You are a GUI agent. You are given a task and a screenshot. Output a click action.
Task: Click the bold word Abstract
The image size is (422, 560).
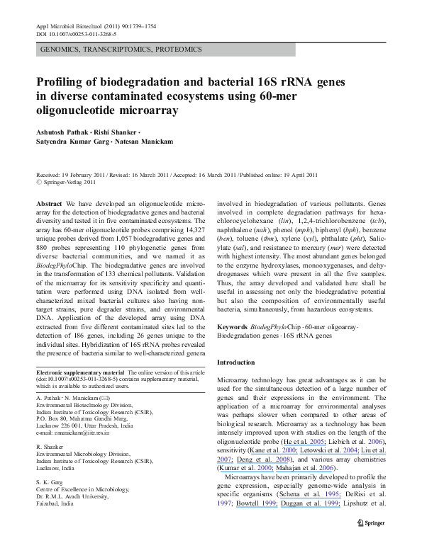pyautogui.click(x=48, y=202)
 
